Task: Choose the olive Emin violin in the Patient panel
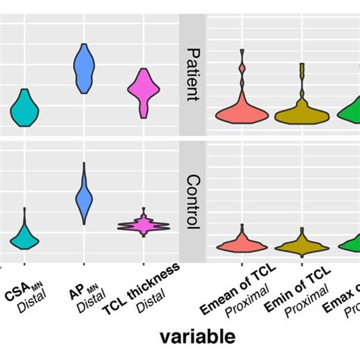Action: pyautogui.click(x=302, y=115)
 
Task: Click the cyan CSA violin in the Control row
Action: pyautogui.click(x=24, y=237)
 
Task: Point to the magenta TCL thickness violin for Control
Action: pyautogui.click(x=143, y=226)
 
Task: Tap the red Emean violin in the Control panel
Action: pyautogui.click(x=242, y=244)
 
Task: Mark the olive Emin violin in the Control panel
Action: pyautogui.click(x=302, y=245)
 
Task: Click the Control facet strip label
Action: pyautogui.click(x=192, y=202)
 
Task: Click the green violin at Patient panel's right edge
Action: pyautogui.click(x=351, y=112)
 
